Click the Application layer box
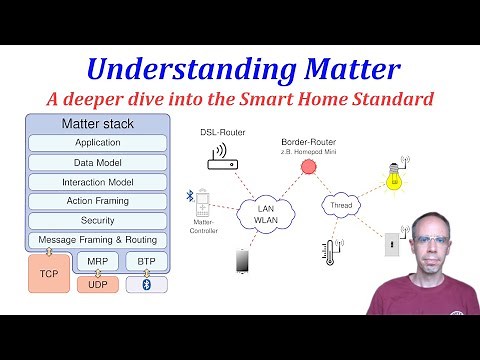pyautogui.click(x=98, y=143)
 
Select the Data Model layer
pyautogui.click(x=98, y=162)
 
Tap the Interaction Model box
pyautogui.click(x=98, y=182)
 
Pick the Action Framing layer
pyautogui.click(x=98, y=201)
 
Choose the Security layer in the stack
pyautogui.click(x=98, y=220)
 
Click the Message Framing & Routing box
pyautogui.click(x=98, y=240)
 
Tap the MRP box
pyautogui.click(x=97, y=262)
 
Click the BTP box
pyautogui.click(x=146, y=262)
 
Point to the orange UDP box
pyautogui.click(x=97, y=285)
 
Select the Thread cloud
pyautogui.click(x=340, y=207)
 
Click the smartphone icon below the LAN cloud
pyautogui.click(x=241, y=261)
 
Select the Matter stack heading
pyautogui.click(x=98, y=124)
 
